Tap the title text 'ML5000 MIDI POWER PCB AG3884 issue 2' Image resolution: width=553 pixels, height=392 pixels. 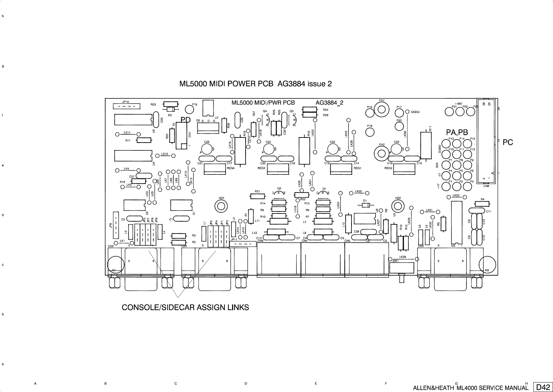(255, 84)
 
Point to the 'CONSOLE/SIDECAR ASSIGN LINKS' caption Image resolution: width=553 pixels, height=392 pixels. (185, 307)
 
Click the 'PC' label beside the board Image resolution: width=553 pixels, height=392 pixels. (508, 143)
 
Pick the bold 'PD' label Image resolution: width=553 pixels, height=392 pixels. (186, 120)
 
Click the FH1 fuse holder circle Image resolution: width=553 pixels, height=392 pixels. (382, 109)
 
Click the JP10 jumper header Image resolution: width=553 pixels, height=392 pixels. (126, 107)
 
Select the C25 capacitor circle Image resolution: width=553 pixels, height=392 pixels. (206, 149)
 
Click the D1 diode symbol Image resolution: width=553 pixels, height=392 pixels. (365, 205)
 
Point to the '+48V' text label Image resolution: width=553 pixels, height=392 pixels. (458, 104)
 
